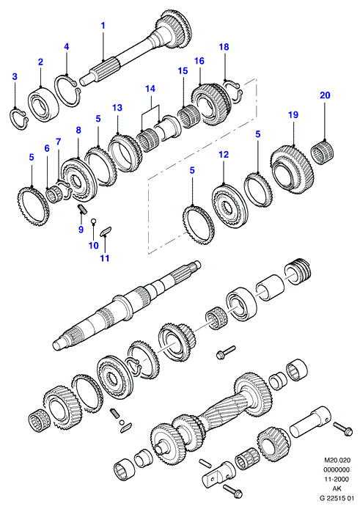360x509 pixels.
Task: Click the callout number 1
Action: click(103, 26)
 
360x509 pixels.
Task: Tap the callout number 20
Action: click(325, 95)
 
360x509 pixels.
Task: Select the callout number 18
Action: click(224, 47)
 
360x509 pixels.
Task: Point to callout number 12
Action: click(224, 154)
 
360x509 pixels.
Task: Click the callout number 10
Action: click(94, 245)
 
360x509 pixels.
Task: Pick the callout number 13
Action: click(117, 108)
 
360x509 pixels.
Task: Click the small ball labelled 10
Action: click(93, 221)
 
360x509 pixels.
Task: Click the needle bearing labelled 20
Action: click(323, 151)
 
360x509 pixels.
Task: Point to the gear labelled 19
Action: click(292, 169)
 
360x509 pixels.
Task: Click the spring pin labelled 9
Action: click(82, 208)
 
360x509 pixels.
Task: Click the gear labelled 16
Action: click(212, 105)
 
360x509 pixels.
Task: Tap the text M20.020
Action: click(337, 460)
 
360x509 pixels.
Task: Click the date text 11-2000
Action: click(337, 479)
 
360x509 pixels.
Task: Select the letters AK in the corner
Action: click(337, 488)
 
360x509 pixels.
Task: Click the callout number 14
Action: click(150, 89)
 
